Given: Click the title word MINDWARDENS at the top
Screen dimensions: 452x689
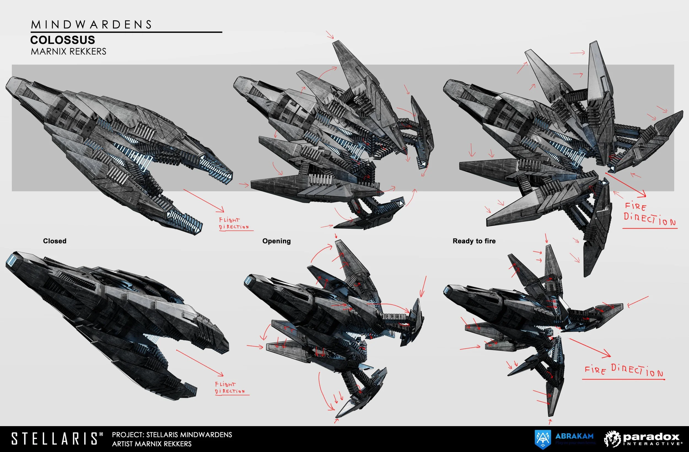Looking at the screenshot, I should tap(91, 25).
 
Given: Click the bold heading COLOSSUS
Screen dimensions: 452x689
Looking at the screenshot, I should tap(63, 40).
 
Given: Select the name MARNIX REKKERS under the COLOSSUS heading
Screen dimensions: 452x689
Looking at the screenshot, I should tap(69, 52).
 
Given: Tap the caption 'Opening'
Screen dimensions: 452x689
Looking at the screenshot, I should tap(276, 241).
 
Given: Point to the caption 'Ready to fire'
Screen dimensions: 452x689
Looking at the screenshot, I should tap(474, 241).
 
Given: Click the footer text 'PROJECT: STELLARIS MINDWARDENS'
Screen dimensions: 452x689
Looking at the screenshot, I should tap(172, 435).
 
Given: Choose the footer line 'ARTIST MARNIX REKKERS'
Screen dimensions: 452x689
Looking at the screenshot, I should tap(152, 444).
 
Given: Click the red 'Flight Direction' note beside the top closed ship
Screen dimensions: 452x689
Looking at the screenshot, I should tap(234, 224).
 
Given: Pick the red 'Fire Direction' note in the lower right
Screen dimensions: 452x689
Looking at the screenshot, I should tap(624, 371).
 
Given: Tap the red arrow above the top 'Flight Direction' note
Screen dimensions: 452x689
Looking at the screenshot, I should tap(203, 200).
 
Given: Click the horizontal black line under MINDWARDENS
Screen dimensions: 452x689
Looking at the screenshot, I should tap(126, 32).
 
